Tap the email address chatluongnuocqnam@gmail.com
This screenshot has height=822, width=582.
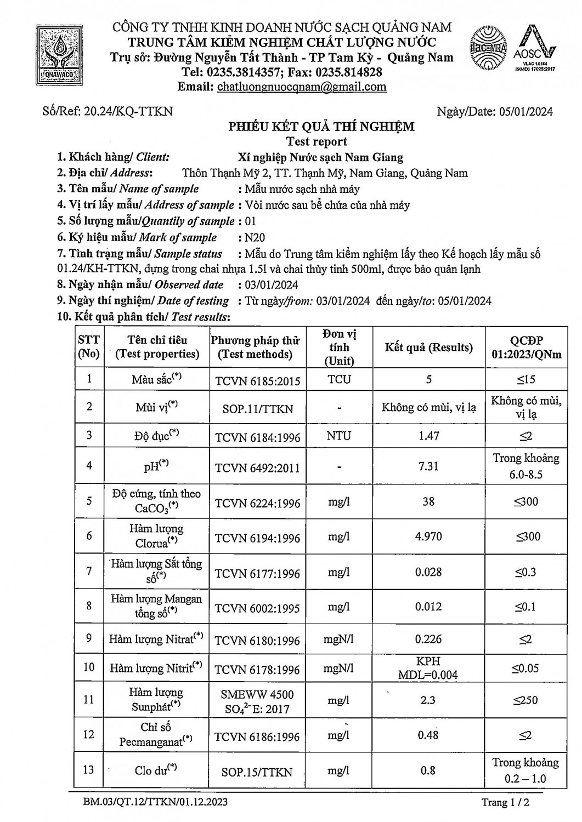302,87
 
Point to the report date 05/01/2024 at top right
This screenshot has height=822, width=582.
526,112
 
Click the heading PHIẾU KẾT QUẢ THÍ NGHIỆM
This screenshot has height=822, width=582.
321,127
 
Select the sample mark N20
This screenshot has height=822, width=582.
252,237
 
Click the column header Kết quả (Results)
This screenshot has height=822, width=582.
428,347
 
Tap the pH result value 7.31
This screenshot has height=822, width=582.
428,466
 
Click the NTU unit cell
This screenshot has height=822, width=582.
339,436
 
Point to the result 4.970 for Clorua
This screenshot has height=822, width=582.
428,536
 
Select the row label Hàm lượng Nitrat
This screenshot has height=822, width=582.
156,640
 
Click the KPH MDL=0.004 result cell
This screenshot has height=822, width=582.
428,668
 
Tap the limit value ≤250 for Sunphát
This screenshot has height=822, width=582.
526,700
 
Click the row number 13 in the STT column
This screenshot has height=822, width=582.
88,770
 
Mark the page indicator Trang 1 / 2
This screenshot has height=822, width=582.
506,803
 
